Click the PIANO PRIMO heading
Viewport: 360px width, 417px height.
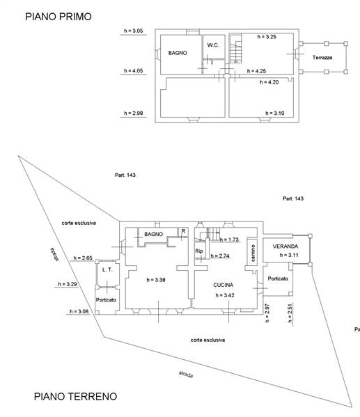coord(58,17)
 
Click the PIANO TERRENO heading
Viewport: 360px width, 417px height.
coord(76,396)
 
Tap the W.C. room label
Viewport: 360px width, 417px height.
coord(213,45)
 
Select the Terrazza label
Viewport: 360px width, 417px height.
coord(322,58)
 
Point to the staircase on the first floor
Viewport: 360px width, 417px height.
coord(236,49)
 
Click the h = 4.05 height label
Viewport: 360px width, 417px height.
coord(133,71)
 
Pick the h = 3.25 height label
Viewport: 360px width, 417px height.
coord(267,37)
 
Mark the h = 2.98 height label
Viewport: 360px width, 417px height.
coord(133,113)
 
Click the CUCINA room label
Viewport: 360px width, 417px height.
coord(224,285)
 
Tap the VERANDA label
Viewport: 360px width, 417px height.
coord(285,246)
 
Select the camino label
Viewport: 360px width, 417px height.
coord(253,253)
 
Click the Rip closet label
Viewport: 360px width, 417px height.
coord(199,251)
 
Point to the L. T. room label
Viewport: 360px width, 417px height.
coord(107,269)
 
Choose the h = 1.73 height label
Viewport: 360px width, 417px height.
coord(229,239)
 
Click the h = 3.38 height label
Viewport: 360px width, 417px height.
coord(156,280)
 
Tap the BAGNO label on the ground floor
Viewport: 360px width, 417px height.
coord(153,234)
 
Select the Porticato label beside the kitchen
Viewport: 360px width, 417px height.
coord(278,278)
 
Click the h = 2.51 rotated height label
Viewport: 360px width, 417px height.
coord(290,313)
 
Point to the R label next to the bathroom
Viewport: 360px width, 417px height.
coord(183,231)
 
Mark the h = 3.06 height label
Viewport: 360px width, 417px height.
coord(79,311)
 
